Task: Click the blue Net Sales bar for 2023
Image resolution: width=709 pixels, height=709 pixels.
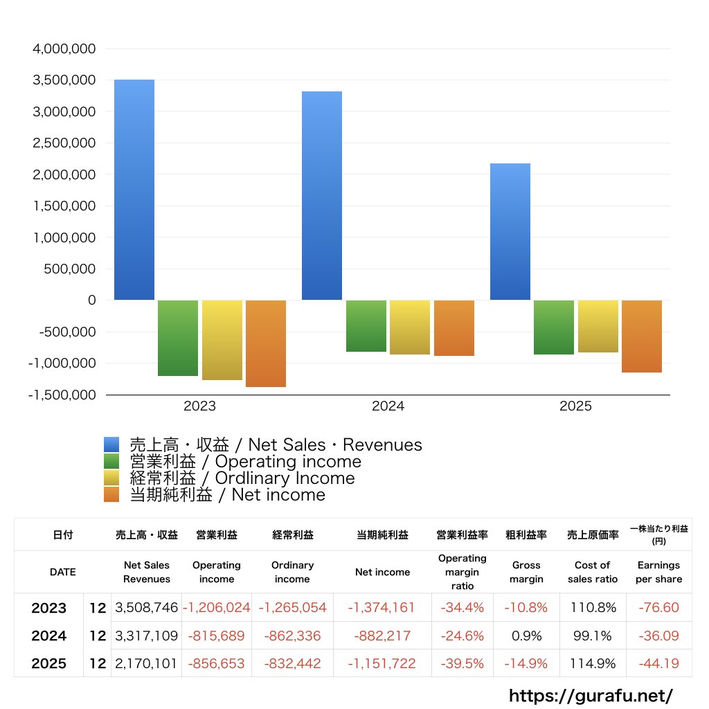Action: (134, 190)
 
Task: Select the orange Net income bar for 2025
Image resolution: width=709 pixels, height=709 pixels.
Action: (641, 336)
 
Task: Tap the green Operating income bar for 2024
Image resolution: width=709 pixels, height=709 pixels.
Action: (366, 326)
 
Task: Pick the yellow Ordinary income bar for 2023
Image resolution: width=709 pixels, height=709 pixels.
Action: (222, 340)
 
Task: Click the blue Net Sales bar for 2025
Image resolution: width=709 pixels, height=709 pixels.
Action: (510, 232)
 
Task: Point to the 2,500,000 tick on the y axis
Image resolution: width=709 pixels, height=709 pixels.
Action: (64, 143)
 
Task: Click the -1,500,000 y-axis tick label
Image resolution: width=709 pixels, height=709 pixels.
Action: (62, 395)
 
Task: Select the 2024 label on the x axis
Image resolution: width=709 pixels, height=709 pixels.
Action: (388, 406)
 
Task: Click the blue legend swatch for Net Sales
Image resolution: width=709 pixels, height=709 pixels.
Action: (111, 445)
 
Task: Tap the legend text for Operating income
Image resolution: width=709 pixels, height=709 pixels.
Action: (246, 462)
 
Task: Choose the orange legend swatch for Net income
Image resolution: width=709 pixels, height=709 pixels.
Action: (111, 495)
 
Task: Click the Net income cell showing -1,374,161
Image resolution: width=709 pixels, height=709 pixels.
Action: (382, 608)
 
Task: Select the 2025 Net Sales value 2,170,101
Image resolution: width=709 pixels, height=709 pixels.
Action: (146, 663)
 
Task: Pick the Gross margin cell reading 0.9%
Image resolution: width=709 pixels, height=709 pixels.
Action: (527, 636)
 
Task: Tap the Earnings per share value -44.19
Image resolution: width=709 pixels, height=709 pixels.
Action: (658, 663)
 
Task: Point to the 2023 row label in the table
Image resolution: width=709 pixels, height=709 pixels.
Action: (49, 608)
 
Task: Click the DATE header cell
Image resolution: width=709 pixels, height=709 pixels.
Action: (63, 572)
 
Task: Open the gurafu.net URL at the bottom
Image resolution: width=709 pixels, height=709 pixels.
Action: (591, 695)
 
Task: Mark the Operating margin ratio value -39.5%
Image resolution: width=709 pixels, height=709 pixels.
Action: (463, 663)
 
